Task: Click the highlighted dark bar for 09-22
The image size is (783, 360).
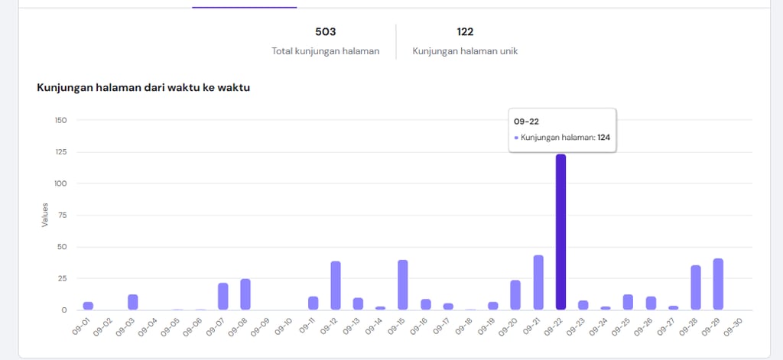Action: [560, 232]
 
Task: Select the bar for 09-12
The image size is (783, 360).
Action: [336, 285]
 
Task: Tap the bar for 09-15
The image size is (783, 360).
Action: [403, 284]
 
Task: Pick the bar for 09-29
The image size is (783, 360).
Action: [718, 284]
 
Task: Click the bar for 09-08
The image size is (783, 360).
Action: [245, 294]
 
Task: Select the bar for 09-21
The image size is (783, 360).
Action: [538, 282]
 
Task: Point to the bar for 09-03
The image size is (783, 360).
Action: [133, 302]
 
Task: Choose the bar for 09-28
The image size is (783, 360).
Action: [696, 287]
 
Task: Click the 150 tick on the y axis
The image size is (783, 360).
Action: [60, 120]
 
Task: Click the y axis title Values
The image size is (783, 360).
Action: [44, 215]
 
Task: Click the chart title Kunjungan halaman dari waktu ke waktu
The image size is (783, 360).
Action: [144, 87]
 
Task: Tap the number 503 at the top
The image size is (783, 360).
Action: [326, 32]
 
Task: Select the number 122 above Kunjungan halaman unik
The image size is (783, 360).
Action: [465, 32]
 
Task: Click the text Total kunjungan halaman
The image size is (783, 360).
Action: [326, 51]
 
